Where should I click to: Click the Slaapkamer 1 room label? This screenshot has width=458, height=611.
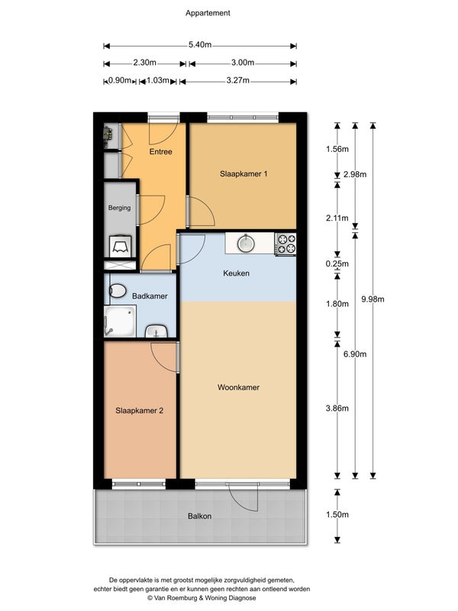[x=244, y=174]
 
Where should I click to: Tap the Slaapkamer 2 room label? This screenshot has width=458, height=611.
[x=139, y=411]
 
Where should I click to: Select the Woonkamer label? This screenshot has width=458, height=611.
[x=238, y=387]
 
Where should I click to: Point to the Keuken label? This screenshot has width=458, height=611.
[x=236, y=273]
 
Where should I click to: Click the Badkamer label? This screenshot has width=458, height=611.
[x=150, y=296]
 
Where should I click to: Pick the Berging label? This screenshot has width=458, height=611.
[x=119, y=208]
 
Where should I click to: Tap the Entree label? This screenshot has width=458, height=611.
[x=160, y=151]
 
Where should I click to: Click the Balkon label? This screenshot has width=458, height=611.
[x=199, y=516]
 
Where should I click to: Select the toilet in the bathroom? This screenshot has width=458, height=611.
[x=118, y=291]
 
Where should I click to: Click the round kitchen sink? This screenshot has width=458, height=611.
[x=246, y=243]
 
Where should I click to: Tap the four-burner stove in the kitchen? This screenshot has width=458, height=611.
[x=285, y=244]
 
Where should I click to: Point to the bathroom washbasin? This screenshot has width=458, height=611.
[x=156, y=332]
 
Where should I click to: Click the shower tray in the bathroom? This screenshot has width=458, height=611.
[x=120, y=321]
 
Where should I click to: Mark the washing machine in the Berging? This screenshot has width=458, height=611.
[x=121, y=246]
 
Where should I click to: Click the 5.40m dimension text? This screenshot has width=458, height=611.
[x=200, y=45]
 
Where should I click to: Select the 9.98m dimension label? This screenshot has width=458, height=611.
[x=373, y=299]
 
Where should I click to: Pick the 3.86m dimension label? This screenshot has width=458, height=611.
[x=337, y=409]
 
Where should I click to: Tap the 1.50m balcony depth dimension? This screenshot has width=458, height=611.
[x=337, y=514]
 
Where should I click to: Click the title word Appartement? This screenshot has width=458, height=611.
[x=208, y=13]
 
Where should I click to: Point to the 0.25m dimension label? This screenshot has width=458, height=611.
[x=337, y=263]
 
